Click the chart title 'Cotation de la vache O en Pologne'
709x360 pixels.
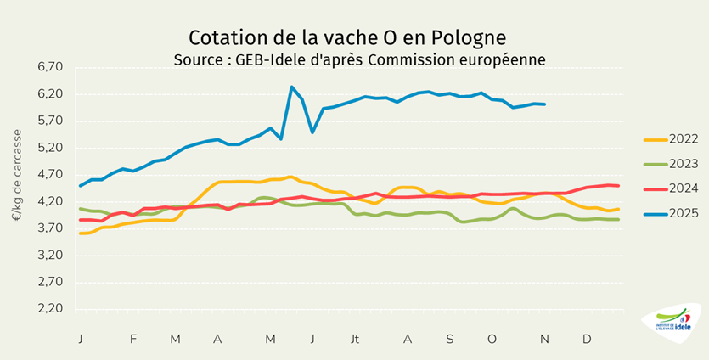click(347, 37)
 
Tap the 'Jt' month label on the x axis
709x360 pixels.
click(355, 339)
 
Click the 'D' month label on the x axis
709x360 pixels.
click(587, 339)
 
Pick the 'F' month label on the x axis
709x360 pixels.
click(133, 339)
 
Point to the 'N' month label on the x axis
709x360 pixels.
click(544, 339)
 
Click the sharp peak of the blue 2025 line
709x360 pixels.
click(291, 87)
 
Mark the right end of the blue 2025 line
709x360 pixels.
click(544, 104)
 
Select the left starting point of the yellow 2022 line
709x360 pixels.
click(80, 233)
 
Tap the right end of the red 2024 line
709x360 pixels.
click(618, 185)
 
